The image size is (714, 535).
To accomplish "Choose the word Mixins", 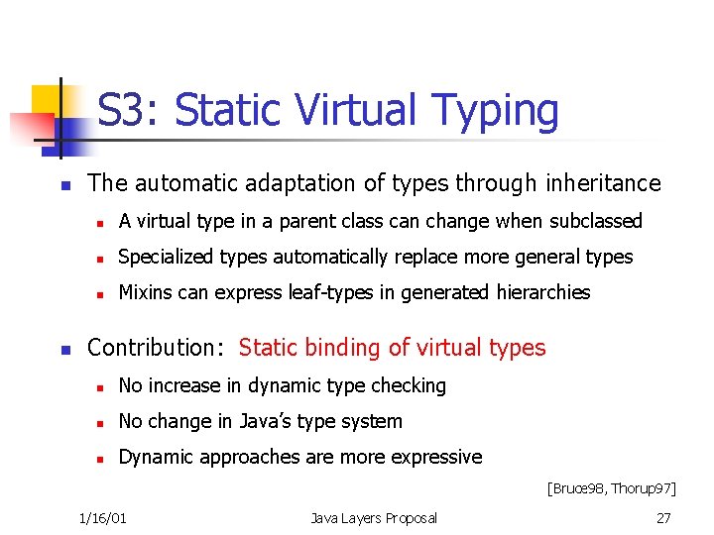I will point(145,292).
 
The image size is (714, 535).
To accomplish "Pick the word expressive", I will point(440,457).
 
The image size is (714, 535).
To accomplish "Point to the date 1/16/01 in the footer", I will point(109,517).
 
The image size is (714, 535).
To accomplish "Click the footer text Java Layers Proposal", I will point(373,517).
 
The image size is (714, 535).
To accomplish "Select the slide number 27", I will point(663,517).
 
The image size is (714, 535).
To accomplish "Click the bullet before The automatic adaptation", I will point(63,185).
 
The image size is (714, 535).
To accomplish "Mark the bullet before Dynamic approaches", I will point(99,459).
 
